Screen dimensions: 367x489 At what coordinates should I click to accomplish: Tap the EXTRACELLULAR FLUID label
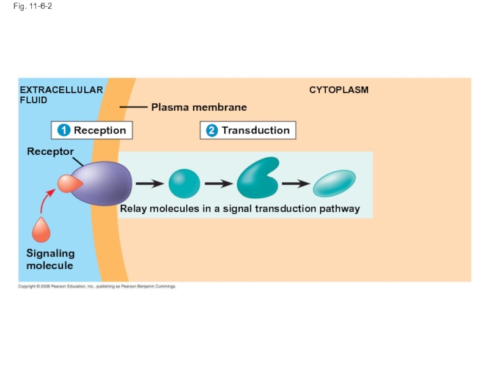(x=61, y=95)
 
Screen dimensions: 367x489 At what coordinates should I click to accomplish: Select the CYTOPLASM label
(x=339, y=90)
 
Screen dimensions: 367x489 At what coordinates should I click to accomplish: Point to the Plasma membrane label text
(x=199, y=107)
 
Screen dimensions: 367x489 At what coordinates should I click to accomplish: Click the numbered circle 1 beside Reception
(x=63, y=130)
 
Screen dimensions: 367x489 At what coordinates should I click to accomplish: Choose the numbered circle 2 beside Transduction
(x=211, y=130)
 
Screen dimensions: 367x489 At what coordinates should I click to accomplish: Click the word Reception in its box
(x=100, y=130)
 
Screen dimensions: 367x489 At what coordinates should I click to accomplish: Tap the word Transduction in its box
(x=256, y=130)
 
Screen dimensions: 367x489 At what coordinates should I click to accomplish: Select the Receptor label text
(x=50, y=151)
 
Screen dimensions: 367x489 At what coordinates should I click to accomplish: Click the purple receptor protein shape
(x=107, y=183)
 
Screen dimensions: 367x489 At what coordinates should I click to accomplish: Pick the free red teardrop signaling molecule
(x=41, y=231)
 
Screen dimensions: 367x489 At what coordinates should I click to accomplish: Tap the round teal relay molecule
(x=184, y=183)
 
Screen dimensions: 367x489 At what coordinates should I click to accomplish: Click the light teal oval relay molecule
(x=334, y=183)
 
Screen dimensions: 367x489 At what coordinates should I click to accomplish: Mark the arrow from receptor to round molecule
(x=149, y=183)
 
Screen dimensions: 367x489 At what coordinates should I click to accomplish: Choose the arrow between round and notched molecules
(x=218, y=183)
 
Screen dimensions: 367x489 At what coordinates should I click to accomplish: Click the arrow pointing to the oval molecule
(x=295, y=183)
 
